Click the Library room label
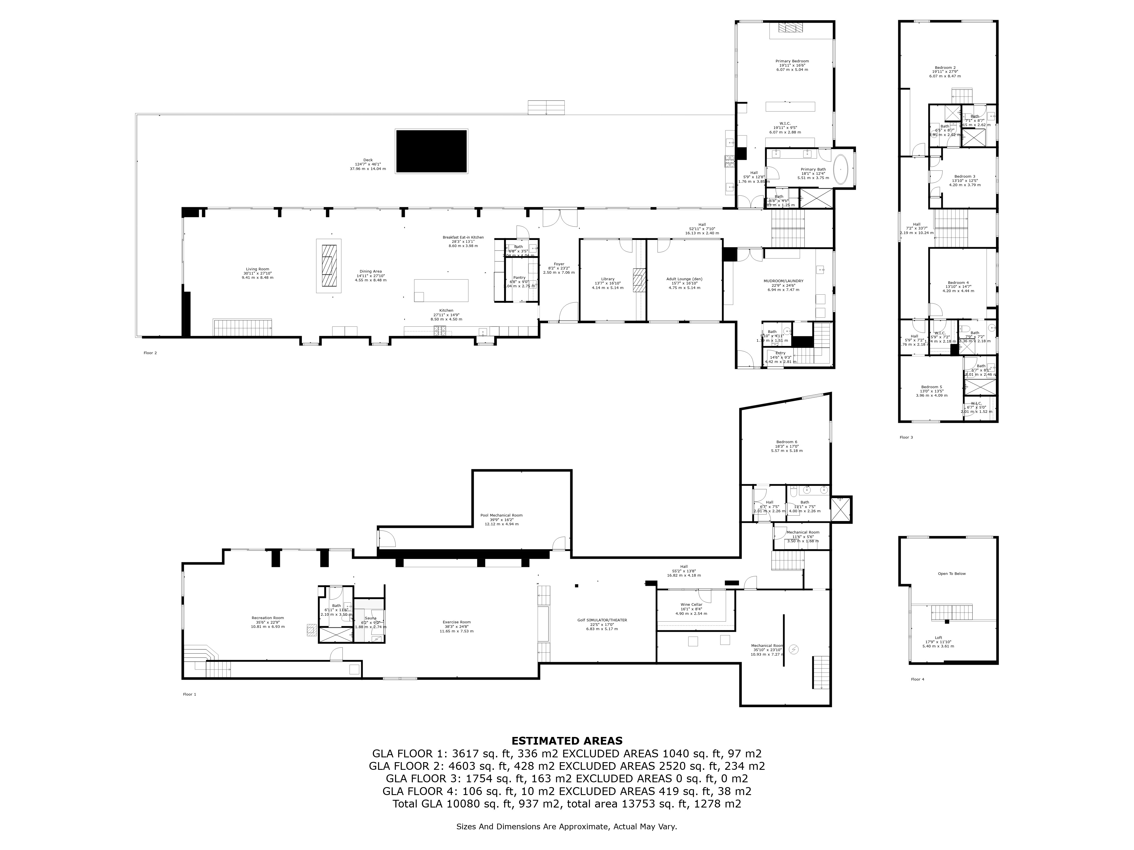608,279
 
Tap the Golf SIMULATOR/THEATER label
602,620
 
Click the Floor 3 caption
906,437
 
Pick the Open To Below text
951,574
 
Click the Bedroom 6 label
786,442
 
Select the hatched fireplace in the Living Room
329,266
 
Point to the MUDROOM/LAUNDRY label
783,281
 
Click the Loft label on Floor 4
938,638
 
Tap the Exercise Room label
456,622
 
